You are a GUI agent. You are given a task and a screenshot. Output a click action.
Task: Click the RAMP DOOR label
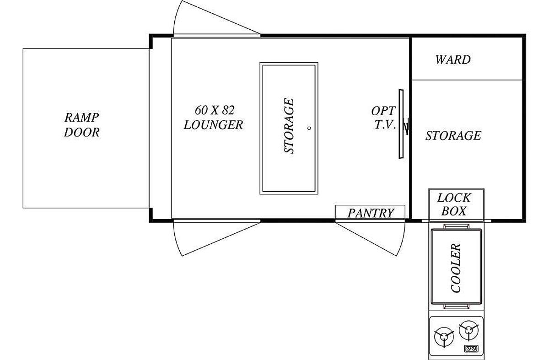(81, 125)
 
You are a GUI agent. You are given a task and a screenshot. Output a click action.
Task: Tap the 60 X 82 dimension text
(215, 110)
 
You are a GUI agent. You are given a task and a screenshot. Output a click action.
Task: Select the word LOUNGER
(213, 125)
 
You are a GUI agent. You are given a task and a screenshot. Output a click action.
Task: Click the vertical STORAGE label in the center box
(289, 126)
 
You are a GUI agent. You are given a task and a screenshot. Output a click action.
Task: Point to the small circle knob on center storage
(309, 128)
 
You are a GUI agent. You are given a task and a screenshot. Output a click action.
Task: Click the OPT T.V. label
(383, 118)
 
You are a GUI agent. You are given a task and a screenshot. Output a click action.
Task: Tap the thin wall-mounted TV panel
(401, 124)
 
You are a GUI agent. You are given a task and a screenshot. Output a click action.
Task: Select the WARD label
(453, 59)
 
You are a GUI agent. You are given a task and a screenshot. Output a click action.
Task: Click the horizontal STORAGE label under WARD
(453, 135)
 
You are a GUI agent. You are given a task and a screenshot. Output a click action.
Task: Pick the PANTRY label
(371, 213)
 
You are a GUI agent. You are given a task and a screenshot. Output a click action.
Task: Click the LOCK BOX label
(454, 204)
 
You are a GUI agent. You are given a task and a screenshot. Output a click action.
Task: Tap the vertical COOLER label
(456, 268)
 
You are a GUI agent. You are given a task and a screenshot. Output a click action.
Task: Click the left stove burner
(444, 337)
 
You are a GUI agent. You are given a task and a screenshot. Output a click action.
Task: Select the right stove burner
(469, 331)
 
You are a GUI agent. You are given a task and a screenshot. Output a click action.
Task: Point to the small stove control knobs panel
(471, 348)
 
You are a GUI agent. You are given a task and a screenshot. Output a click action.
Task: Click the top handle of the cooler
(456, 226)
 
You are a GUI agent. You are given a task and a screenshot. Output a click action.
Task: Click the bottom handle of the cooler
(456, 306)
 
